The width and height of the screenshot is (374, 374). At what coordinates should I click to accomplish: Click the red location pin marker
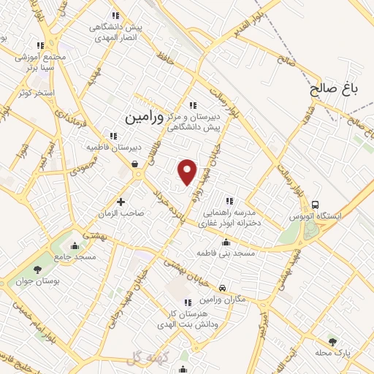point(188,172)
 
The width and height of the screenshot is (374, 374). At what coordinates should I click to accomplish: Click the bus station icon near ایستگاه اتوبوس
point(316,205)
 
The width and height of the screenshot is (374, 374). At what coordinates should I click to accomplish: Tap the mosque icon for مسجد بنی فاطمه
point(226,243)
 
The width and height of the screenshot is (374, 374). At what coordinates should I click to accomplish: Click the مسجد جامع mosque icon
point(77,244)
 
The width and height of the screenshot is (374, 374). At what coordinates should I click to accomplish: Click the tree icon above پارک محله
point(333,341)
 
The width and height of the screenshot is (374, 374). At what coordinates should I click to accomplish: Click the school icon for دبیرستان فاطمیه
point(112,135)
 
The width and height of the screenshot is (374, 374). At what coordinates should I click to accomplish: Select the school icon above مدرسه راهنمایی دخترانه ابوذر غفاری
point(229,200)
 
